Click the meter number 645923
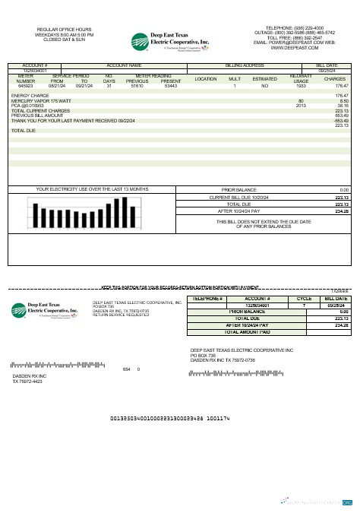pyautogui.click(x=25, y=86)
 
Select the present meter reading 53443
pyautogui.click(x=171, y=86)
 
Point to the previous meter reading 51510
pyautogui.click(x=137, y=86)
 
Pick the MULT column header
pyautogui.click(x=235, y=79)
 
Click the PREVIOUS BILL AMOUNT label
pyautogui.click(x=38, y=116)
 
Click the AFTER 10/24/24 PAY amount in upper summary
pyautogui.click(x=341, y=211)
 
